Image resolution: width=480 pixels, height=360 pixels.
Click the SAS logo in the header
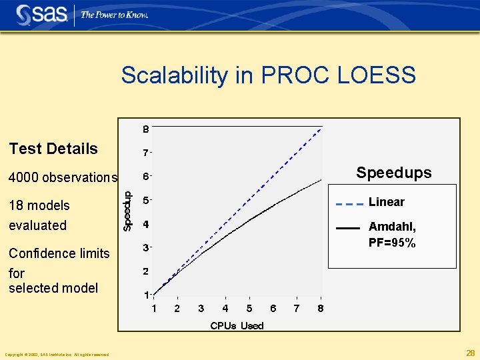(41, 14)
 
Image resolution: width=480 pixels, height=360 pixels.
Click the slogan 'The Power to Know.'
(114, 15)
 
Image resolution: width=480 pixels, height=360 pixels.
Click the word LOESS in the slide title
(377, 75)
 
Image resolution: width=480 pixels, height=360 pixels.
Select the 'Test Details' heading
(53, 149)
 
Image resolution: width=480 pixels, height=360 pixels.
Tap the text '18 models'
(39, 205)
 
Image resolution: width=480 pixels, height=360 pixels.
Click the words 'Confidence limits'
(59, 253)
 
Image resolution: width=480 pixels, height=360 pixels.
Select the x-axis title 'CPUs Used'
(237, 325)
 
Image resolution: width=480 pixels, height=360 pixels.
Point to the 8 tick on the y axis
(145, 128)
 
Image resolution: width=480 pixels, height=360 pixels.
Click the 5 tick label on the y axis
(145, 200)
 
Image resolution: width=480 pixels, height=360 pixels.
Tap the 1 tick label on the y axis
(145, 295)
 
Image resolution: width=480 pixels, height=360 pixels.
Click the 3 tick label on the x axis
(201, 309)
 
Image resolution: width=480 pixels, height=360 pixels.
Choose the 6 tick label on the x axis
(273, 309)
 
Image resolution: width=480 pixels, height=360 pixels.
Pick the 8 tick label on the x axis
(321, 309)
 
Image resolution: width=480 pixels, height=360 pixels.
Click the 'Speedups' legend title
(393, 173)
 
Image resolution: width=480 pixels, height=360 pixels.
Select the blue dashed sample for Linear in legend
(349, 203)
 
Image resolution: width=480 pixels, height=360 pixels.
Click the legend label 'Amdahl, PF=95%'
(392, 235)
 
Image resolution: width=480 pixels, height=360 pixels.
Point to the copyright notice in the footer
(57, 354)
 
